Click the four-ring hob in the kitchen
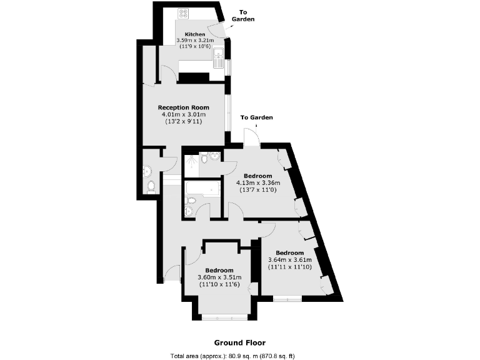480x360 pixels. pyautogui.click(x=184, y=12)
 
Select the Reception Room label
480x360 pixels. pyautogui.click(x=183, y=107)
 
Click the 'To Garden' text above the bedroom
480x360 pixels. pyautogui.click(x=256, y=117)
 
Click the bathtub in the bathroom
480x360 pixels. pyautogui.click(x=202, y=187)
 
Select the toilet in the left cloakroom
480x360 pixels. pyautogui.click(x=151, y=186)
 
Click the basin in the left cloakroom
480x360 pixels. pyautogui.click(x=147, y=170)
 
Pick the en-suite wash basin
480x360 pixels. pyautogui.click(x=215, y=156)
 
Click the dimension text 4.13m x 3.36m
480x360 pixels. pyautogui.click(x=257, y=183)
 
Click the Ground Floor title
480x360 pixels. pyautogui.click(x=239, y=342)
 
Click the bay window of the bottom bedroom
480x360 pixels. pyautogui.click(x=226, y=316)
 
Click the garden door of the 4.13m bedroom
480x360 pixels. pyautogui.click(x=251, y=137)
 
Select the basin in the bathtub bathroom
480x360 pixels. pyautogui.click(x=190, y=212)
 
